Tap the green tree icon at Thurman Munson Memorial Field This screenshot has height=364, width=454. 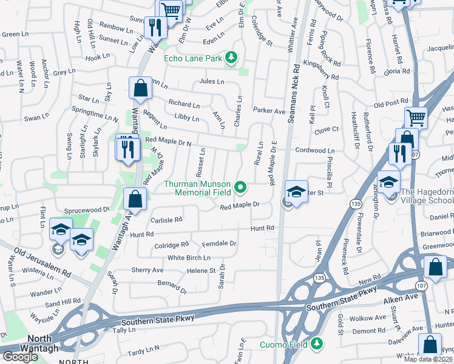(x=240, y=187)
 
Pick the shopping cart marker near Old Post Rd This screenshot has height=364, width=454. (x=416, y=117)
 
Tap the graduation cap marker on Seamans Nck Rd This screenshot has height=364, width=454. (x=296, y=193)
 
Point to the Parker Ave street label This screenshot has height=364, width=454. (x=269, y=112)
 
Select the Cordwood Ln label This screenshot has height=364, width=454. (x=314, y=150)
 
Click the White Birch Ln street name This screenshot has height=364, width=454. (x=189, y=258)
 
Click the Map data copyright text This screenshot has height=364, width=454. (x=429, y=359)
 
